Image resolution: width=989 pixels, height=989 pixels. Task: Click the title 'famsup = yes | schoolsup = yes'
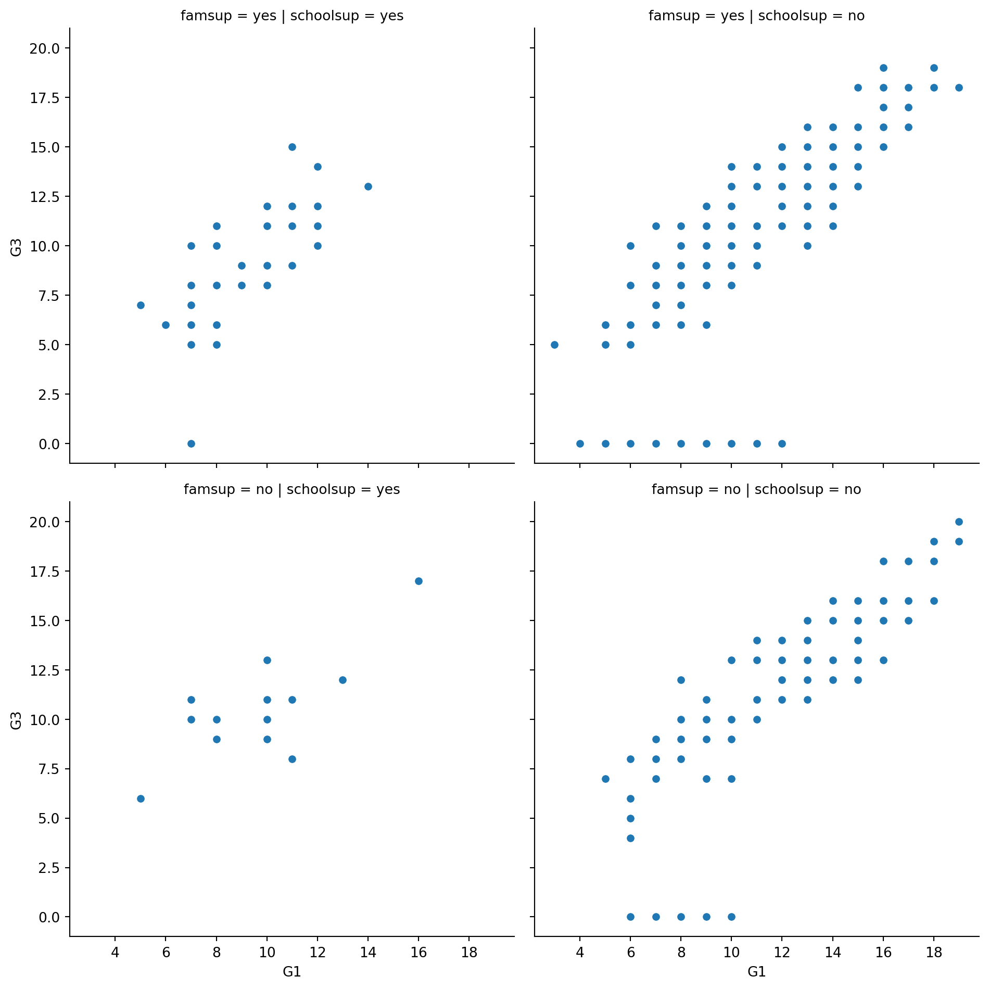(x=292, y=16)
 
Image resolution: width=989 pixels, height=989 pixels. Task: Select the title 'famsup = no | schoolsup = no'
(x=756, y=489)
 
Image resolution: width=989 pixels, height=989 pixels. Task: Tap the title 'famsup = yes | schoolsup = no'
(x=756, y=16)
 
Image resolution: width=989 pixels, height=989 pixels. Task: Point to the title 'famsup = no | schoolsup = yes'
(x=292, y=489)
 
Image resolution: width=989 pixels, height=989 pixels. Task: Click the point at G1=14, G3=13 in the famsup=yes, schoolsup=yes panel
(x=368, y=186)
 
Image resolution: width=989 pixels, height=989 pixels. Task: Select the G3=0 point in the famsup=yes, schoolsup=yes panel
(x=191, y=443)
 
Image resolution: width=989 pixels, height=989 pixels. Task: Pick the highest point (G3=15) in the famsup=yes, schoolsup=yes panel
(x=292, y=147)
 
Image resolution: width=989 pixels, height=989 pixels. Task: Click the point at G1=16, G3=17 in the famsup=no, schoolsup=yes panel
(x=419, y=581)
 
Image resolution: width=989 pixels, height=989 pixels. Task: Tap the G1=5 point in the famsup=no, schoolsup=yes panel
(x=141, y=798)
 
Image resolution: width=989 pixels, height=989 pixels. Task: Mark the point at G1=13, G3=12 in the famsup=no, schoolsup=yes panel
(x=343, y=680)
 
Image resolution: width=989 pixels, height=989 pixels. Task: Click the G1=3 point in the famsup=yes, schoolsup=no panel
(x=554, y=345)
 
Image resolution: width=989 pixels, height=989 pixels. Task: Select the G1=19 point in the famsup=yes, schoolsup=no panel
(x=959, y=87)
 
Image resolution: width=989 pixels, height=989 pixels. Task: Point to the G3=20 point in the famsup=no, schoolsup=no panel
(x=959, y=522)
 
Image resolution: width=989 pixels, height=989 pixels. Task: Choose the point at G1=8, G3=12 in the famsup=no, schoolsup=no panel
(x=681, y=680)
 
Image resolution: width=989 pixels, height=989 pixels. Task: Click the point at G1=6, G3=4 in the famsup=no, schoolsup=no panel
(x=630, y=838)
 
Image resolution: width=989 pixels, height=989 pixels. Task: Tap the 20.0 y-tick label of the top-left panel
(x=45, y=48)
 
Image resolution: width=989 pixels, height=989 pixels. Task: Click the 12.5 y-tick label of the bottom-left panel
(x=45, y=670)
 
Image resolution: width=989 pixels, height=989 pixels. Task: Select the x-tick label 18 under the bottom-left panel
(x=469, y=953)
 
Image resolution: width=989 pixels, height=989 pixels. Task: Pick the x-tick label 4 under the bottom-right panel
(x=580, y=953)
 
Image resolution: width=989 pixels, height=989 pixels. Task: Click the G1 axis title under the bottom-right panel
(x=756, y=972)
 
